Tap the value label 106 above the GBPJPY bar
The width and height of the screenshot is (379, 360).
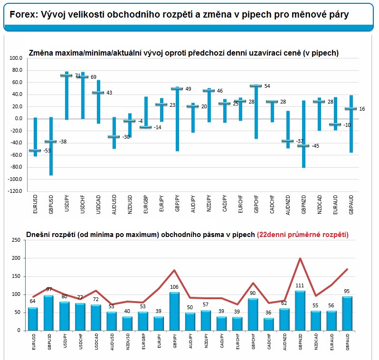174,287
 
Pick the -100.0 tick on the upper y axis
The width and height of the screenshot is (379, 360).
16,179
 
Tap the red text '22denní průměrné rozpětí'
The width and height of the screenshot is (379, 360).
302,235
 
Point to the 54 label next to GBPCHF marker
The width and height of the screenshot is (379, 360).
266,86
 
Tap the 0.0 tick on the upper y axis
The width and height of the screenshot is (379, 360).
19,119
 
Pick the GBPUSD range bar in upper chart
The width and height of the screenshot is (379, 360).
51,146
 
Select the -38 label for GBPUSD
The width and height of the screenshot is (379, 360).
62,142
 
